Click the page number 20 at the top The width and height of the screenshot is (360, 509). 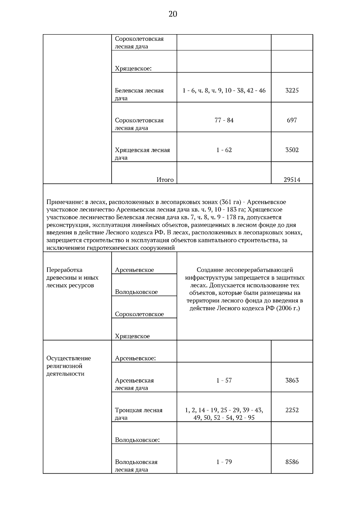click(173, 14)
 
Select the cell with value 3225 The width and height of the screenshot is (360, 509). click(292, 90)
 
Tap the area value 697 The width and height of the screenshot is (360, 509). click(292, 120)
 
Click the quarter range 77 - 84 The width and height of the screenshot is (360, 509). click(224, 120)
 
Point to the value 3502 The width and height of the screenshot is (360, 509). click(292, 150)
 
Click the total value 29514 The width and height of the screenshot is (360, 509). click(292, 180)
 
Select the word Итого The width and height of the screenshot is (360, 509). click(165, 180)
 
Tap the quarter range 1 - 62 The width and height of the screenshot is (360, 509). click(224, 150)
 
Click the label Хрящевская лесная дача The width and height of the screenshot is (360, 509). click(142, 154)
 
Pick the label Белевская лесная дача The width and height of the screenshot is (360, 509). click(139, 94)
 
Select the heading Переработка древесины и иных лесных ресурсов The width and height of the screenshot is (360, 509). click(72, 277)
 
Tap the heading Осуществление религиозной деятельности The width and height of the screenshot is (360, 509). click(68, 366)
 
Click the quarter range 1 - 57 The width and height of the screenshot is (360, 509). click(224, 380)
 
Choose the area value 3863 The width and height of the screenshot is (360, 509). click(292, 380)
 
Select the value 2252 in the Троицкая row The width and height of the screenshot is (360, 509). click(292, 410)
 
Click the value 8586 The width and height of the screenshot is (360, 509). click(292, 462)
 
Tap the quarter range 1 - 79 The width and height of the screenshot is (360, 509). click(224, 462)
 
